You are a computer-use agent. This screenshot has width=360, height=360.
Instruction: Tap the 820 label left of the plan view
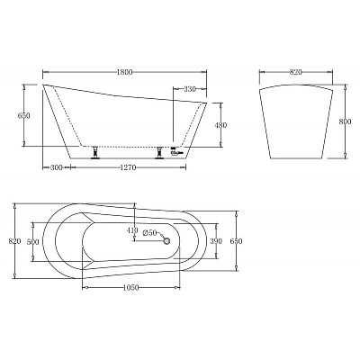pos(13,242)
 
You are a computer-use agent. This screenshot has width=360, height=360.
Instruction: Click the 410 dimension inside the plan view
pos(133,231)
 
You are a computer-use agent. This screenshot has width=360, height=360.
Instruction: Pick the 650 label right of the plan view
pos(236,242)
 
